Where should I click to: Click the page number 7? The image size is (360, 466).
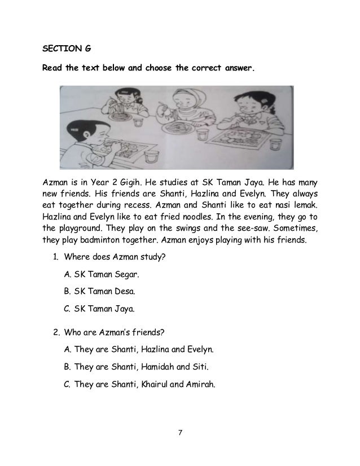click(x=180, y=434)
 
